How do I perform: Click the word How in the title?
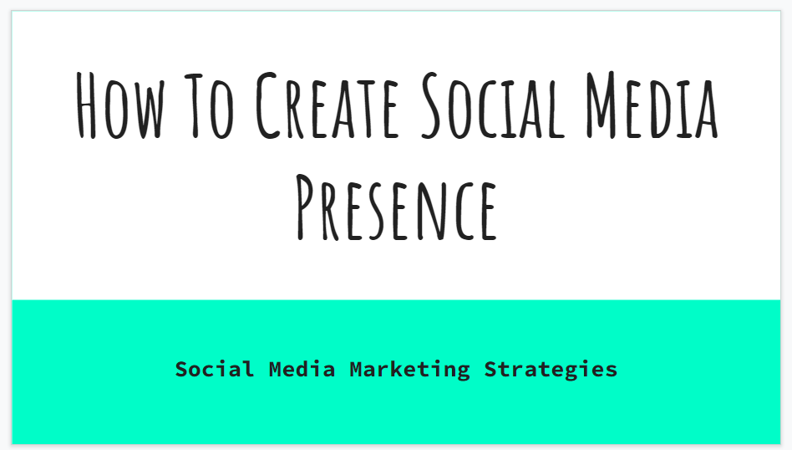(x=120, y=105)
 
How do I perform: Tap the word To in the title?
(x=209, y=105)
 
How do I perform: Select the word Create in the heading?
(x=327, y=105)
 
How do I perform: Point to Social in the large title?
(x=493, y=105)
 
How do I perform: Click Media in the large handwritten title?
(x=652, y=105)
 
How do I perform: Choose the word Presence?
(x=397, y=207)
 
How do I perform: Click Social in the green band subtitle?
(x=214, y=369)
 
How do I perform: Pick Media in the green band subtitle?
(x=302, y=369)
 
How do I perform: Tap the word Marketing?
(x=409, y=370)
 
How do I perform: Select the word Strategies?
(x=551, y=370)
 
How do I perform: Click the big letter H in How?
(x=86, y=105)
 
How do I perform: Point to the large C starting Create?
(x=267, y=105)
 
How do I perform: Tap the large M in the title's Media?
(x=601, y=105)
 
